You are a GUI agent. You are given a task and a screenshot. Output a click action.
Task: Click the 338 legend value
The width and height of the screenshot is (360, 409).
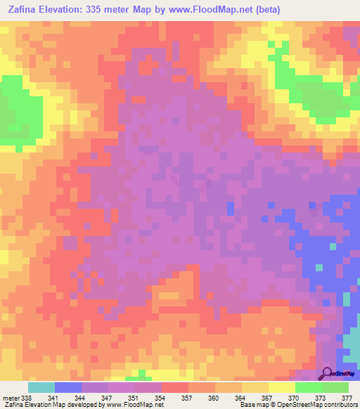(x=26, y=398)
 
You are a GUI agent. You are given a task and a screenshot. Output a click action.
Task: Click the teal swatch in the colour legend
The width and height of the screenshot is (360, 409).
(x=41, y=387)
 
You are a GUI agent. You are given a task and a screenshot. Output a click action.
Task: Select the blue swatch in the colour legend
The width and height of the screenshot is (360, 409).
(x=68, y=387)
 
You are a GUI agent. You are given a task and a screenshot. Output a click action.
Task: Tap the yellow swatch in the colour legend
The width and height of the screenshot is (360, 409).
(x=282, y=387)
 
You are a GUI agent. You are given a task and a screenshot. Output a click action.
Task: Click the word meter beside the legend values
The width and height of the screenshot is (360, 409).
(x=10, y=398)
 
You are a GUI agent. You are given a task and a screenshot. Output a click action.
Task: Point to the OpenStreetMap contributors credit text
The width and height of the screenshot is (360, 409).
(x=315, y=405)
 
